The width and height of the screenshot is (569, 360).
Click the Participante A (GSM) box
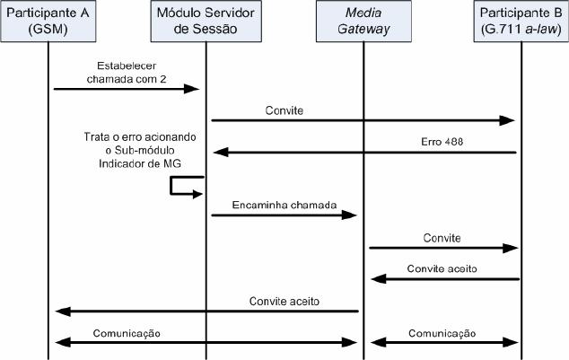48,21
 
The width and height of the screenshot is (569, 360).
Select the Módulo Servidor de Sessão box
206,21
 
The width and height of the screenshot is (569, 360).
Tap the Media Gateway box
363,21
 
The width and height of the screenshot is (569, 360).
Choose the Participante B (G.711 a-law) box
521,21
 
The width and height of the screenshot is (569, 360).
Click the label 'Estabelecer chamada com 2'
121,74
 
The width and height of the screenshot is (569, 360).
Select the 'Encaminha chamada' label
285,204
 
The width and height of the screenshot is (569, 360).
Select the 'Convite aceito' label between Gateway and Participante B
442,268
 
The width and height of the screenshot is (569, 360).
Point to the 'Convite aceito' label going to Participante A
284,301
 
